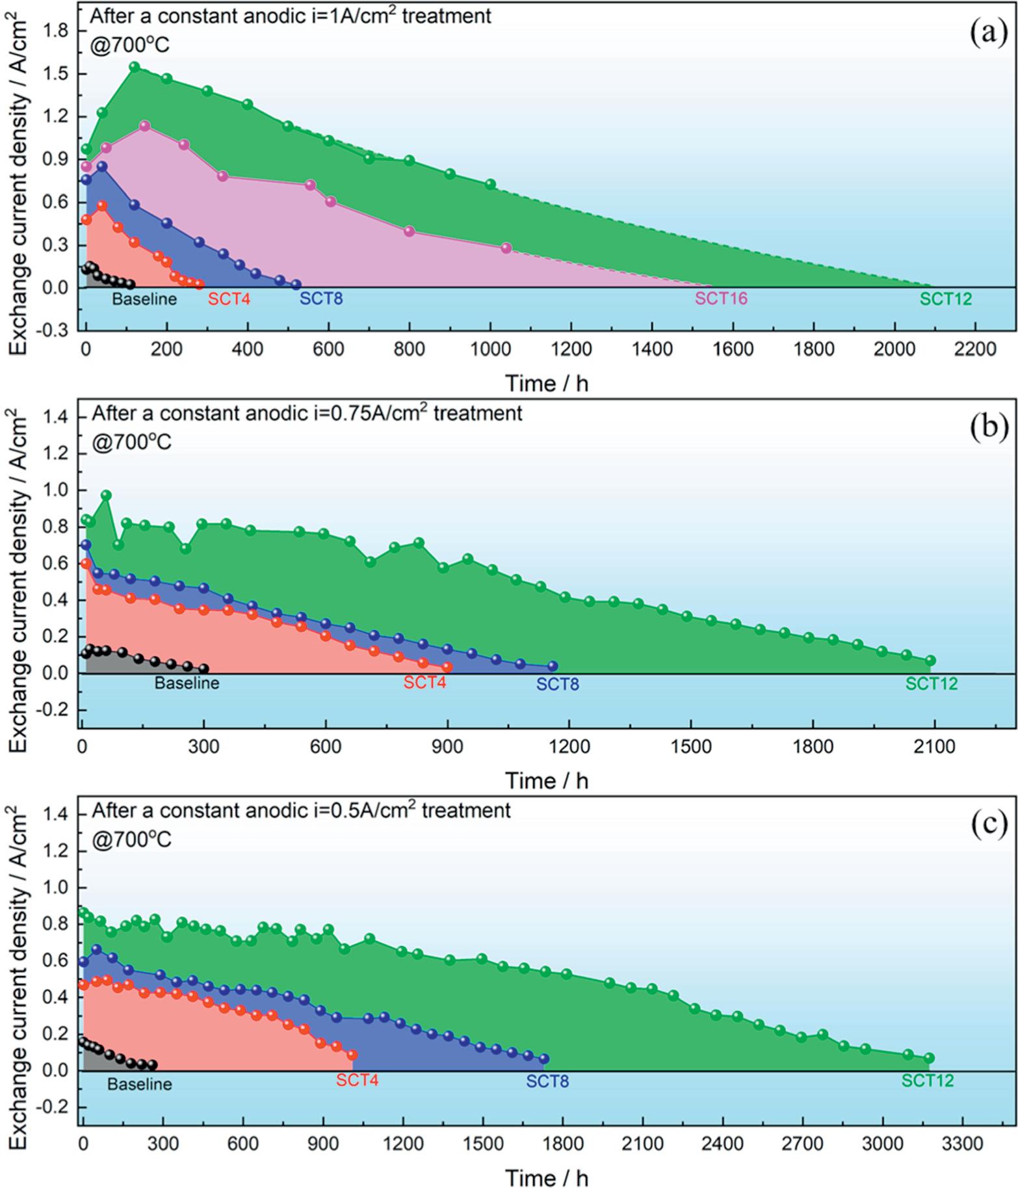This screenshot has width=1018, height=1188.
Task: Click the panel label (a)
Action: click(988, 32)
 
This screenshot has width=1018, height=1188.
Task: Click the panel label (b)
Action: click(988, 428)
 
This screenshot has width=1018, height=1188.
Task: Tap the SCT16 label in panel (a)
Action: click(721, 298)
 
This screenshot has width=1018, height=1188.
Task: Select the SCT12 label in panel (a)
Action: click(945, 299)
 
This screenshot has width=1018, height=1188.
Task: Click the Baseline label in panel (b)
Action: click(187, 683)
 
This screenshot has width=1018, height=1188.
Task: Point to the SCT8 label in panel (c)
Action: click(547, 1081)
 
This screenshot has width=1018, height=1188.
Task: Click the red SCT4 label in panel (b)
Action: click(424, 683)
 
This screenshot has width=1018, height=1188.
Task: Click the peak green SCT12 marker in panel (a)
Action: click(135, 67)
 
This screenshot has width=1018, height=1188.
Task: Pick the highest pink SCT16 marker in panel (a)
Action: click(145, 126)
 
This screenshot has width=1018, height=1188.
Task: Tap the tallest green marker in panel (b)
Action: click(106, 495)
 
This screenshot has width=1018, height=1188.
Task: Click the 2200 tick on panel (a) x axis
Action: click(975, 349)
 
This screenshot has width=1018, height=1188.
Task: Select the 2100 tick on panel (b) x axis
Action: click(934, 746)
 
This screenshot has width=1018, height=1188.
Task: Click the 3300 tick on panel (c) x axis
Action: click(962, 1144)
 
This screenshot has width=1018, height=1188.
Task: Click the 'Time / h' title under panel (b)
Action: click(547, 780)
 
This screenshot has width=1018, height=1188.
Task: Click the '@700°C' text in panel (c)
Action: click(131, 839)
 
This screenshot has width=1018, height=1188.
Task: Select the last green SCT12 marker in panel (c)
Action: click(929, 1058)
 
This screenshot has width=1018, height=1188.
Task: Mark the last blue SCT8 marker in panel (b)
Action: click(553, 666)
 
